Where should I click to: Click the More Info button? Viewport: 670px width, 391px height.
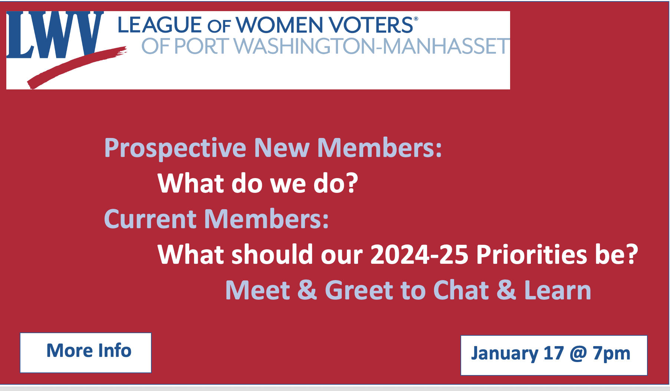coord(86,352)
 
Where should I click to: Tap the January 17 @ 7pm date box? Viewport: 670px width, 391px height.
coord(554,355)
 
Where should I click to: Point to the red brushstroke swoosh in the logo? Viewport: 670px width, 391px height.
coord(77,68)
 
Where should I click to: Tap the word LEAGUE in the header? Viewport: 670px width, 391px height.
coord(160,25)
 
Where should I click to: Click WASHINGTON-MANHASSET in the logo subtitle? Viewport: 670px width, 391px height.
coord(371,46)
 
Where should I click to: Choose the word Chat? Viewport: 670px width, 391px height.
coord(461,290)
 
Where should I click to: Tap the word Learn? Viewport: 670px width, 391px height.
coord(557,290)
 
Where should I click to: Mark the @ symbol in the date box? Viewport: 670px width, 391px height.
coord(578,354)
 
